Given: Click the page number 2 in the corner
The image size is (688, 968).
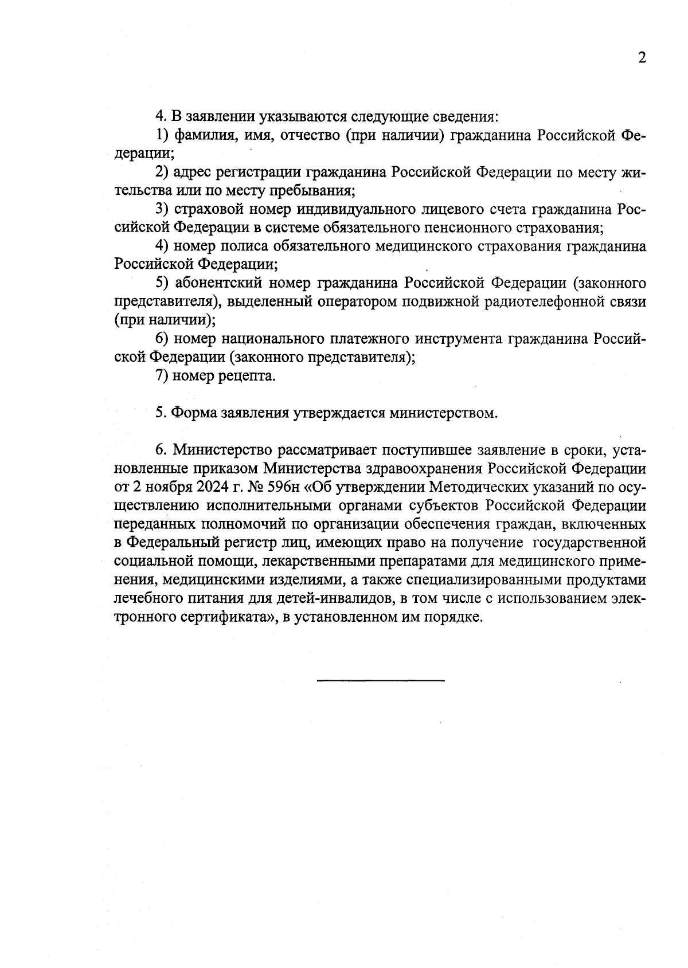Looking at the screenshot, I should (x=642, y=58).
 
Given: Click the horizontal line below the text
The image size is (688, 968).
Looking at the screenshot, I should (x=380, y=680).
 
